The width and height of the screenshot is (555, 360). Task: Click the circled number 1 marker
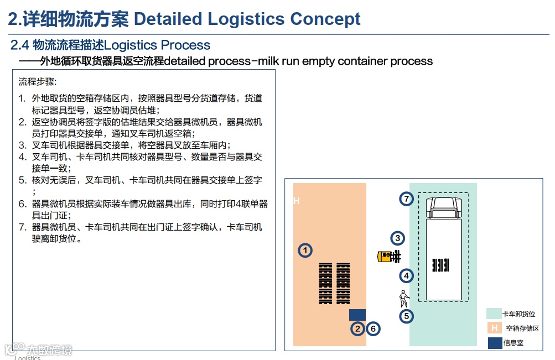click(305, 251)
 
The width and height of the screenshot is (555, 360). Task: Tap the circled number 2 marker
click(358, 329)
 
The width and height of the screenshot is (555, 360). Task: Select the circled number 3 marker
click(397, 238)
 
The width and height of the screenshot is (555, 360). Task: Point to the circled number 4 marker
click(406, 275)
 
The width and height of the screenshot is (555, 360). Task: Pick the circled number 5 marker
click(407, 316)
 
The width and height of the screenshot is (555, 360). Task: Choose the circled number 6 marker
click(374, 329)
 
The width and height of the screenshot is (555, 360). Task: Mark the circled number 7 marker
click(407, 199)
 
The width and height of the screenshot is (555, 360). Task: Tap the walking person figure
click(404, 299)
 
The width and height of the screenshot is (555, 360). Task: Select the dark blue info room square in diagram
click(357, 315)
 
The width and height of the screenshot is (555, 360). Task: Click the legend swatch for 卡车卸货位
click(494, 314)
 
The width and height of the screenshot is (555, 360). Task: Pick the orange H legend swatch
click(494, 328)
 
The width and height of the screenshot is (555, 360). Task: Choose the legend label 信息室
click(513, 343)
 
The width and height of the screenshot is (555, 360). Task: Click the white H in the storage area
click(297, 201)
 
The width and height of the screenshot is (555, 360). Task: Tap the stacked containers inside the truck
click(441, 265)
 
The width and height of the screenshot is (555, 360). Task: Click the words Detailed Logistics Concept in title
click(247, 19)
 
